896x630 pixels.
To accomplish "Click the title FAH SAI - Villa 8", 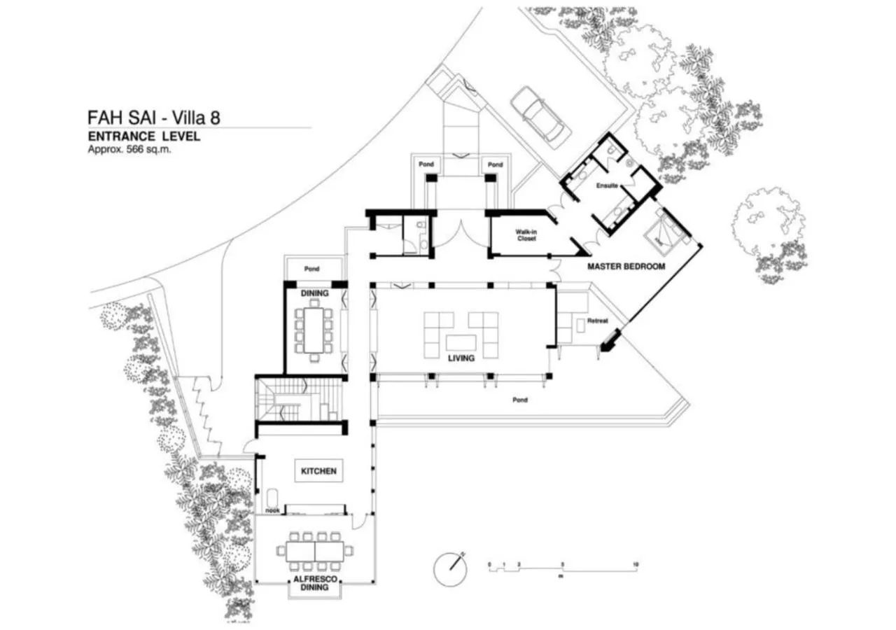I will click(x=153, y=117).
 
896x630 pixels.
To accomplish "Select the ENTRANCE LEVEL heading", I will click(x=143, y=136).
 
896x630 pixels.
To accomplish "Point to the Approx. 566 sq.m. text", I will click(x=129, y=149).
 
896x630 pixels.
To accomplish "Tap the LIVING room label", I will click(x=462, y=358).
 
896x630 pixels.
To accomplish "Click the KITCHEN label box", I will click(x=318, y=471).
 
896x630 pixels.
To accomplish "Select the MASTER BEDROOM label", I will click(x=626, y=267).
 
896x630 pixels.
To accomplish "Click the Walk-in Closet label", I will click(x=526, y=234).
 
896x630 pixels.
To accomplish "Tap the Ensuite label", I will click(x=605, y=187).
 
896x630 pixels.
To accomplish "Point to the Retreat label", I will click(x=597, y=321).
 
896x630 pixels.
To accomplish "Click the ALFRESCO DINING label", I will click(x=314, y=584).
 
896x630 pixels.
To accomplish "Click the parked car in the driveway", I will click(x=541, y=115).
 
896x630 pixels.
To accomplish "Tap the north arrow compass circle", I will click(x=449, y=570).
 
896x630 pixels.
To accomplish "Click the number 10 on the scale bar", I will click(x=634, y=563).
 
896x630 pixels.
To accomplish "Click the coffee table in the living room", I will click(x=462, y=342).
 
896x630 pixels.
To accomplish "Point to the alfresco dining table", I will click(x=314, y=551).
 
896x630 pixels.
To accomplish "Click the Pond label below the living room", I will click(x=519, y=400).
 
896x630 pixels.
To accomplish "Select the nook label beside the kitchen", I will click(x=272, y=510).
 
